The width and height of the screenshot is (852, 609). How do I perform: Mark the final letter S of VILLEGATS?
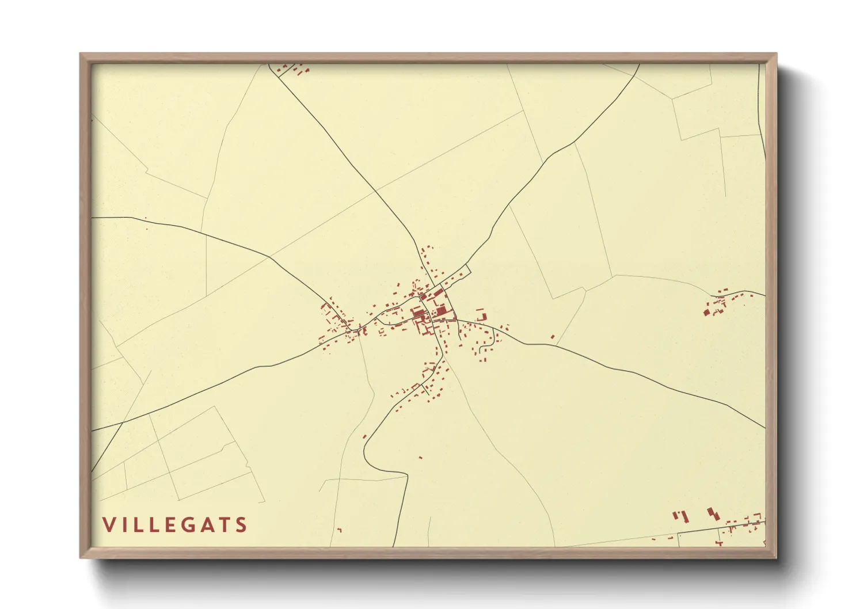pyautogui.click(x=242, y=525)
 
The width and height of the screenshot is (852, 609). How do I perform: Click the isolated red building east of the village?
pyautogui.click(x=553, y=337)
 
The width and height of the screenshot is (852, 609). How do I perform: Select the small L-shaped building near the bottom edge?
pyautogui.click(x=339, y=530)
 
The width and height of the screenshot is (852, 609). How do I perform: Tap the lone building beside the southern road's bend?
pyautogui.click(x=364, y=436)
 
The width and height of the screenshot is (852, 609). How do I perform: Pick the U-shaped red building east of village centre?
pyautogui.click(x=481, y=315)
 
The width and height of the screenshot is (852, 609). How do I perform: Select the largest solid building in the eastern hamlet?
pyautogui.click(x=706, y=312)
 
